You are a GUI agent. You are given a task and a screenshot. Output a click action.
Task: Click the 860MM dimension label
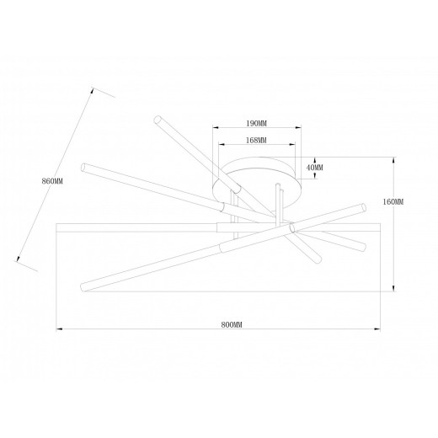[52, 181]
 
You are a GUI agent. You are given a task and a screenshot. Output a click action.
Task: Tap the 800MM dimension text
[232, 325]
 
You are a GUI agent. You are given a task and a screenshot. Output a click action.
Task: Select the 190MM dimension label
[256, 123]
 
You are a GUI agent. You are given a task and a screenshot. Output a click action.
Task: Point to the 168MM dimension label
[256, 140]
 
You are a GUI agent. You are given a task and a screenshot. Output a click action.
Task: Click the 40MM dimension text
[315, 168]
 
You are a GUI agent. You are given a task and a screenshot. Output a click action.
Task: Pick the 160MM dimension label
[393, 201]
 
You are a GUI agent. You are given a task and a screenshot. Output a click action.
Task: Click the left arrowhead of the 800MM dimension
[59, 328]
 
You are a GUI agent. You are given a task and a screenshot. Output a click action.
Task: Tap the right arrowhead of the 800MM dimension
[377, 328]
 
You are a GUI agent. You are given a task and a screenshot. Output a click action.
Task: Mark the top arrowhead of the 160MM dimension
[393, 160]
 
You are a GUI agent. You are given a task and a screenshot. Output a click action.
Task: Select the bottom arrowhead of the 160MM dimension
[393, 288]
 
